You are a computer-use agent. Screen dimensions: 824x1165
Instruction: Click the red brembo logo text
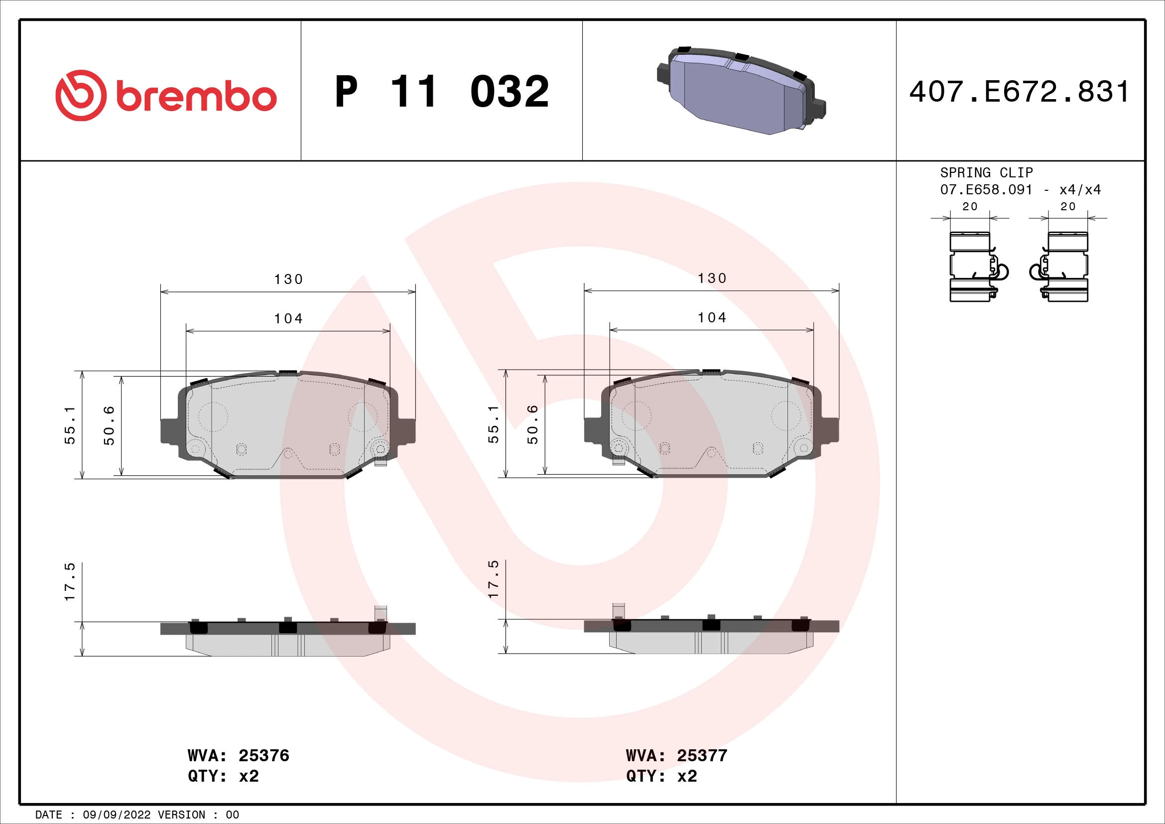195,96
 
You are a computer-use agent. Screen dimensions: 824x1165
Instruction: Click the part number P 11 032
441,92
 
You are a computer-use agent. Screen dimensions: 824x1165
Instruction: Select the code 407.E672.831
1020,92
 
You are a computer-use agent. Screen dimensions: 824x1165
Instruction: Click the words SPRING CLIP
986,172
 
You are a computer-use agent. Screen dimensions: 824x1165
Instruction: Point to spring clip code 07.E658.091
986,190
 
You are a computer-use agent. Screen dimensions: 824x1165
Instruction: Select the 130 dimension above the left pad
288,279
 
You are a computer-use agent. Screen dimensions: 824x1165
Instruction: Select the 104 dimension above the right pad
711,318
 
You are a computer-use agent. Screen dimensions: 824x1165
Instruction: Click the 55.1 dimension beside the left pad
70,425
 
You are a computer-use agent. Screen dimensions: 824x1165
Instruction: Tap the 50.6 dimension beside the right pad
532,424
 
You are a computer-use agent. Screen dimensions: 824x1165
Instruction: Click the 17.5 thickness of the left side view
70,582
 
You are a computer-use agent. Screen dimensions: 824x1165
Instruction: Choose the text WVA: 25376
238,756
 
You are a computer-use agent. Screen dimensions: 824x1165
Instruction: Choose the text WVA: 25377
676,756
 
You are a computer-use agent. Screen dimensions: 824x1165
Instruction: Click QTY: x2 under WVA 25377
661,776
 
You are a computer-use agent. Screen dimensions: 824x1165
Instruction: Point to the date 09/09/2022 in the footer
117,815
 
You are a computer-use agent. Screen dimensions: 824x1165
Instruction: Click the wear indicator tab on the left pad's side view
380,612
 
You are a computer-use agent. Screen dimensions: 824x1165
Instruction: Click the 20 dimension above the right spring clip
1067,207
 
